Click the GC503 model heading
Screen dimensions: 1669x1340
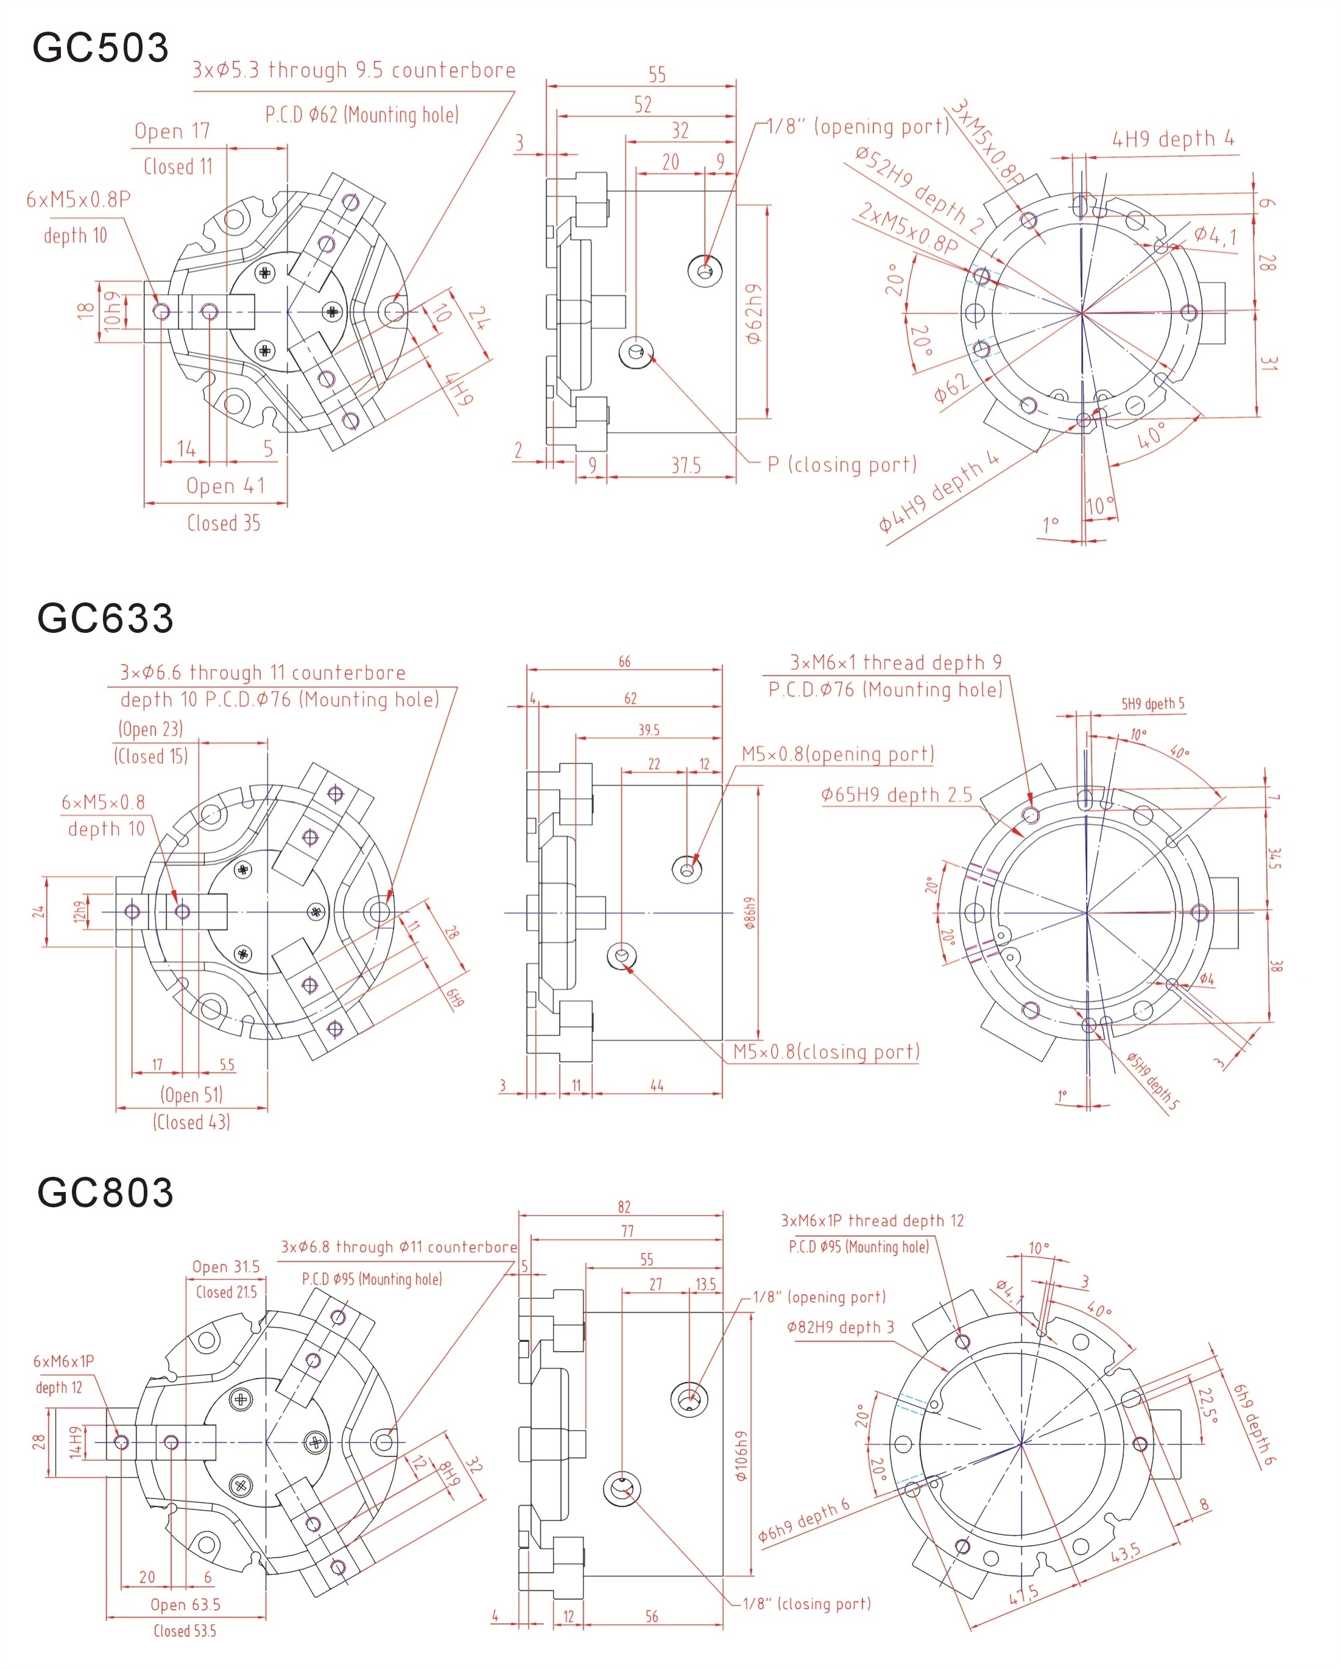pos(100,48)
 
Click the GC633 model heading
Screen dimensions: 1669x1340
pos(105,618)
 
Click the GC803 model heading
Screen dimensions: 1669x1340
pos(105,1193)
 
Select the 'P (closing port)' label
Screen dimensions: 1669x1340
pos(842,465)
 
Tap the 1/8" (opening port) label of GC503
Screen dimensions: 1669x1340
pos(858,126)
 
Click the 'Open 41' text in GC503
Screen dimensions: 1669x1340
pos(225,486)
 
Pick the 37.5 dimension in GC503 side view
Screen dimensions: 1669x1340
pos(686,466)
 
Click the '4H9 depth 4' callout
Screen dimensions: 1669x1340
pos(1172,139)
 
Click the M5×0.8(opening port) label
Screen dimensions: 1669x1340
pos(837,754)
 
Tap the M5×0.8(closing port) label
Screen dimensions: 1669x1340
pos(826,1052)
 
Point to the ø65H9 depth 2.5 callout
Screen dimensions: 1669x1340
pos(897,795)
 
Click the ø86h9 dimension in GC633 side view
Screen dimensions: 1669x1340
pos(749,914)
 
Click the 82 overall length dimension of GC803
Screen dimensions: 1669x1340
pos(624,1207)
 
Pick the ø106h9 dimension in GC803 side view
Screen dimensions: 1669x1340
pos(742,1455)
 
